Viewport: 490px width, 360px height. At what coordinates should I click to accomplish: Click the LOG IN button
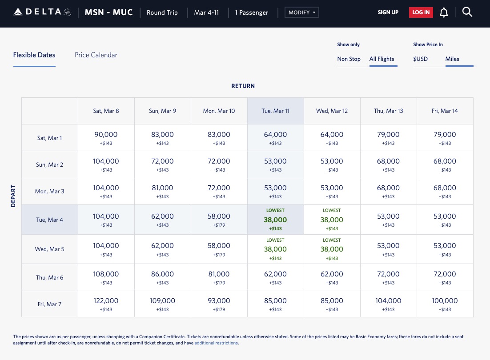pyautogui.click(x=421, y=12)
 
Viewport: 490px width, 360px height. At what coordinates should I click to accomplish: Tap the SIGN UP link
pyautogui.click(x=388, y=12)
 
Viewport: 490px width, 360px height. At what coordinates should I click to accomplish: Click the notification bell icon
pyautogui.click(x=443, y=12)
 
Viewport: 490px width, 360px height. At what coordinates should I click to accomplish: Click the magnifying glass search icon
pyautogui.click(x=467, y=12)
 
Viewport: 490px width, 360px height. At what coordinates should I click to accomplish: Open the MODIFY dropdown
pyautogui.click(x=302, y=12)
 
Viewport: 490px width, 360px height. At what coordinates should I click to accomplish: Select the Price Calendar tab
pyautogui.click(x=96, y=55)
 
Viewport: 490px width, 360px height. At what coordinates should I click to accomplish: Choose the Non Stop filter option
pyautogui.click(x=349, y=59)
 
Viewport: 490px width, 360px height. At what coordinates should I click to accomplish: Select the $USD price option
pyautogui.click(x=420, y=59)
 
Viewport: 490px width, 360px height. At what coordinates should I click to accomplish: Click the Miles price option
pyautogui.click(x=452, y=59)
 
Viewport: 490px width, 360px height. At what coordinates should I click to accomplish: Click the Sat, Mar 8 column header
pyautogui.click(x=106, y=111)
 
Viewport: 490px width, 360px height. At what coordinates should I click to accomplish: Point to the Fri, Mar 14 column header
pyautogui.click(x=445, y=111)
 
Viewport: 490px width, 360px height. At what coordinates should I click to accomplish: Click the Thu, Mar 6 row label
pyautogui.click(x=49, y=277)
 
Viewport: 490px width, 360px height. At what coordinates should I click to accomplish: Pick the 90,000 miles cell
pyautogui.click(x=106, y=137)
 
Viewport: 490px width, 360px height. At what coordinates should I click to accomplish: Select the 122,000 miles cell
pyautogui.click(x=106, y=304)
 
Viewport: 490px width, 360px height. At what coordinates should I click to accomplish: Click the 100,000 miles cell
pyautogui.click(x=445, y=304)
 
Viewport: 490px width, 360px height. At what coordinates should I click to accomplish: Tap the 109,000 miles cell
pyautogui.click(x=162, y=304)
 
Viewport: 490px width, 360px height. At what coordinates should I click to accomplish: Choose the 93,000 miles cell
pyautogui.click(x=219, y=304)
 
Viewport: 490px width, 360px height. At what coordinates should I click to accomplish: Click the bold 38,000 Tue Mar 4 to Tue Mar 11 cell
pyautogui.click(x=275, y=220)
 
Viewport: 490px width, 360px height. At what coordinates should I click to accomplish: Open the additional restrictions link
pyautogui.click(x=216, y=343)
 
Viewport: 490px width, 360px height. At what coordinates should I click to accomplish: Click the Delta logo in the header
pyautogui.click(x=42, y=12)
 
